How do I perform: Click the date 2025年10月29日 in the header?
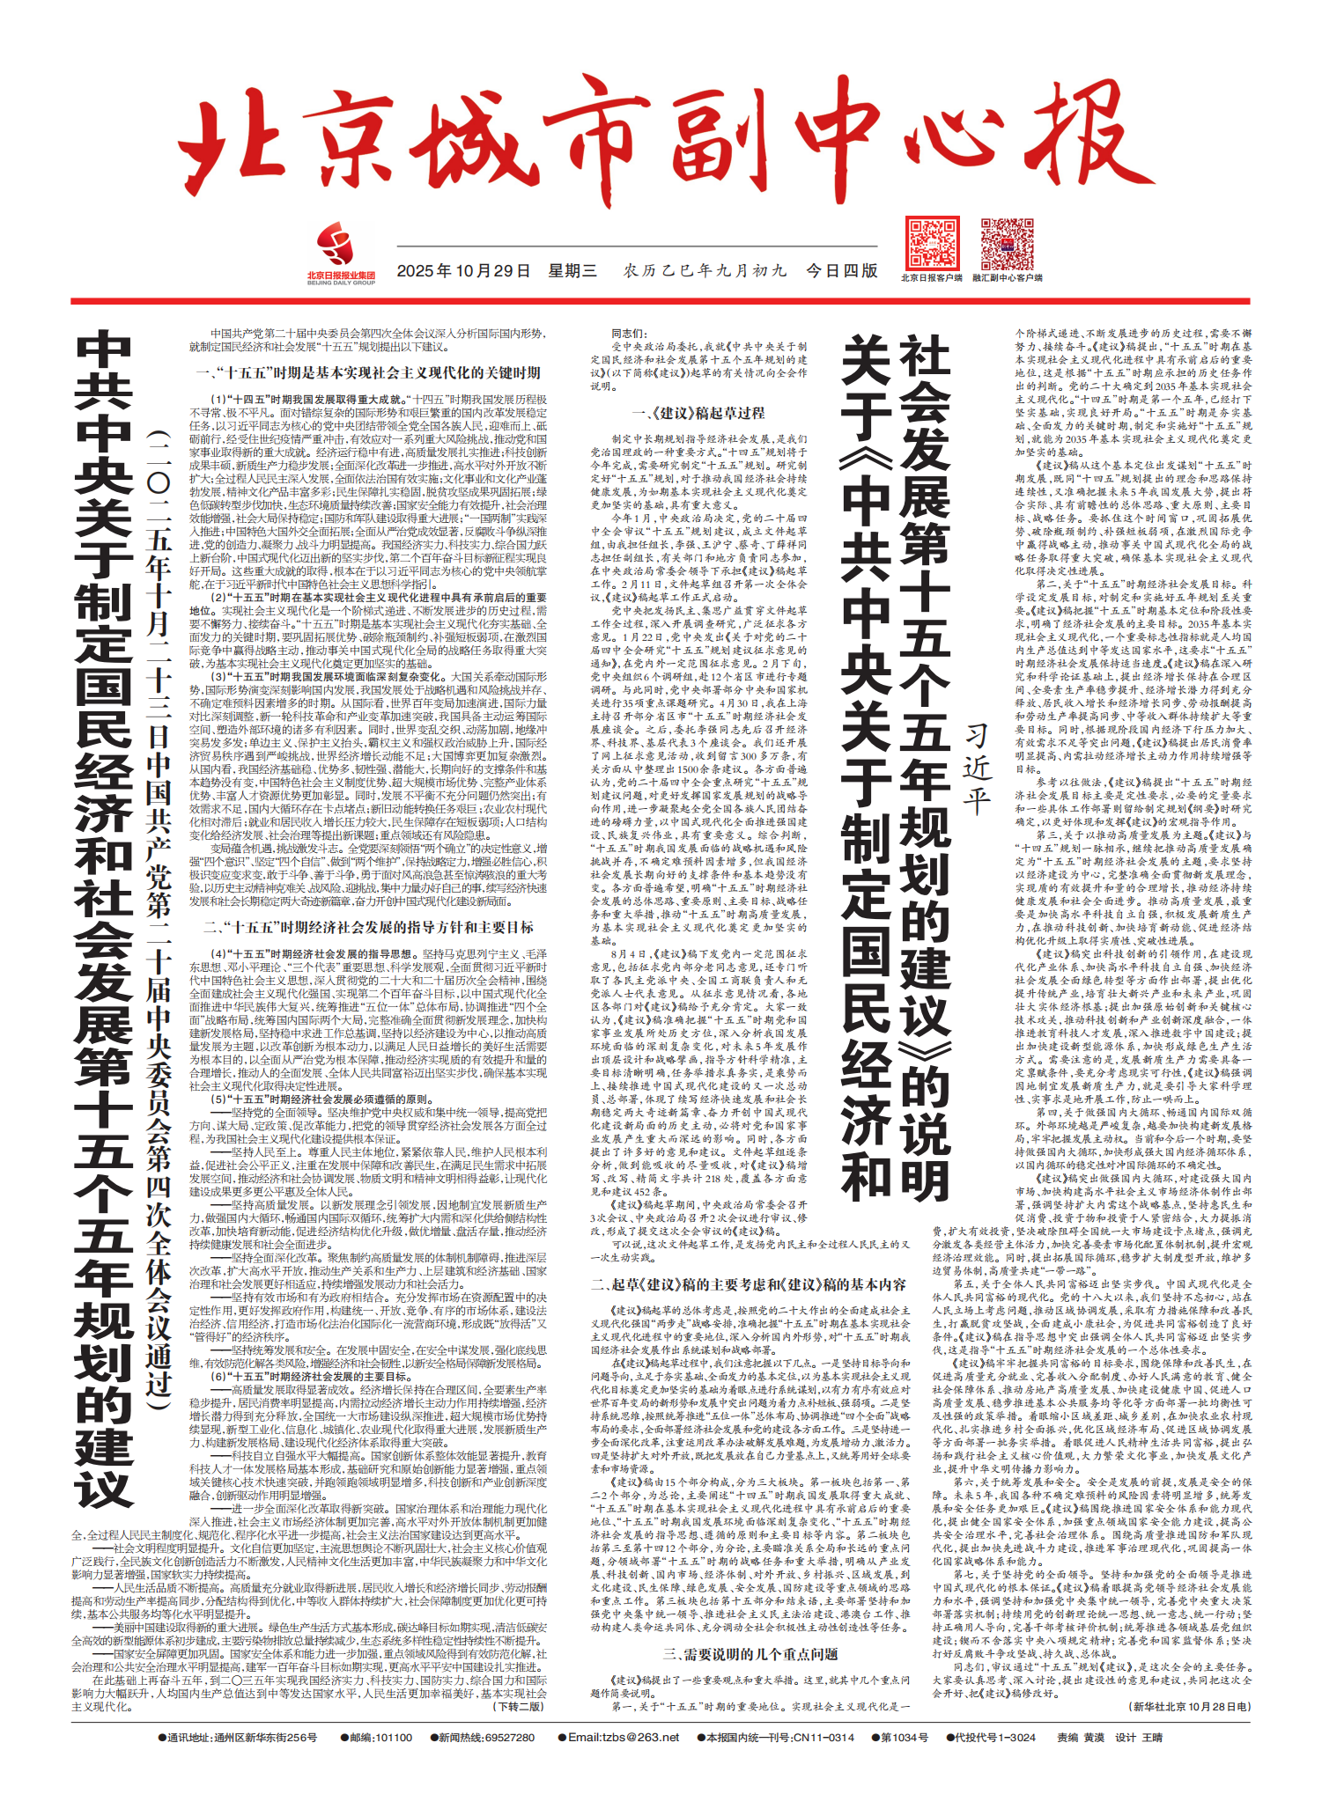(x=463, y=270)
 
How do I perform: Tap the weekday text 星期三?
(x=572, y=270)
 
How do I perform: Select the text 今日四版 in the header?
(x=842, y=270)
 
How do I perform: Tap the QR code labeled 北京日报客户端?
(x=932, y=244)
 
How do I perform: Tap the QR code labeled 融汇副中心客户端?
(x=1007, y=244)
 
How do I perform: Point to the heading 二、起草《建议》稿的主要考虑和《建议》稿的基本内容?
(x=749, y=1284)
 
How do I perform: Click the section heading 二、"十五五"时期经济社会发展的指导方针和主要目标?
(x=368, y=927)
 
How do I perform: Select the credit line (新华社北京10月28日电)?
(x=1189, y=1706)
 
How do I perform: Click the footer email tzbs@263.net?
(x=624, y=1738)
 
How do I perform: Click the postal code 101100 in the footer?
(x=393, y=1738)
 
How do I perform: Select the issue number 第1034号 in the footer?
(x=905, y=1738)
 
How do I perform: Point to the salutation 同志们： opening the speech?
(x=629, y=334)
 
